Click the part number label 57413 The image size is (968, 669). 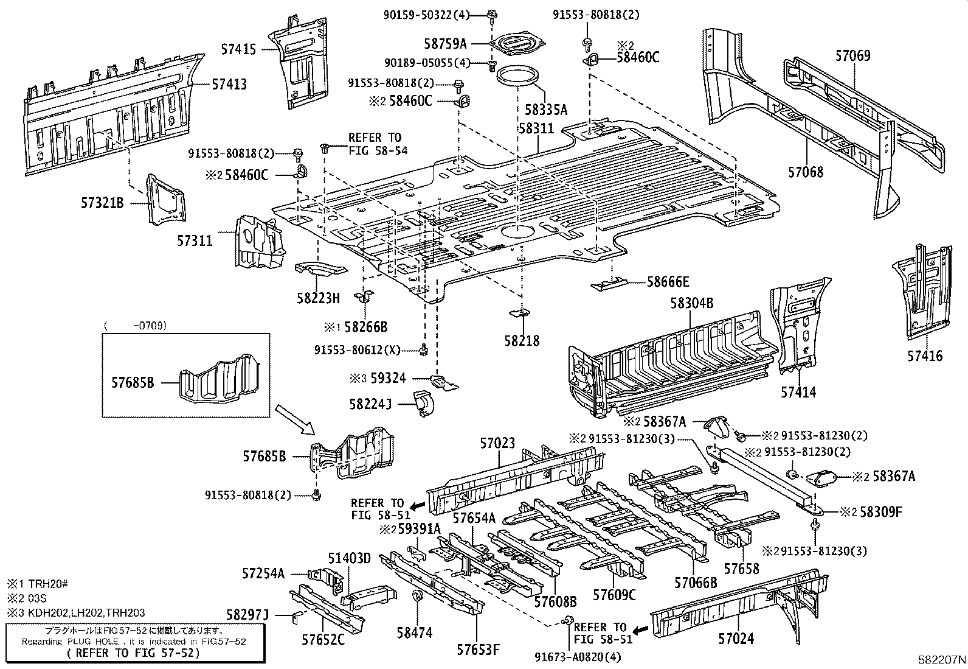coord(229,84)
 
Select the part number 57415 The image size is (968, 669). coord(239,51)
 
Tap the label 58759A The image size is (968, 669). coord(445,43)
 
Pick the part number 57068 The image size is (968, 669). coord(806,172)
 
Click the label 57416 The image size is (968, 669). coord(925,356)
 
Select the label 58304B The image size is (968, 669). coord(691,303)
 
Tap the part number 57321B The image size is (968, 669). coord(102,202)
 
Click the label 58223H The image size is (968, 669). coord(318,298)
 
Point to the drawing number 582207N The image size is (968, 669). coord(942,660)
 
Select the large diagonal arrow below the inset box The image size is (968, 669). coord(296,420)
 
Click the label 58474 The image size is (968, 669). coord(414,633)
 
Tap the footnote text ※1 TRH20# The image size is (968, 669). coord(38,583)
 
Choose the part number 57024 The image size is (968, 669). coord(736,639)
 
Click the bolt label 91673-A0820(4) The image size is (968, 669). coord(578,657)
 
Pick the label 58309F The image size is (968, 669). coord(881,512)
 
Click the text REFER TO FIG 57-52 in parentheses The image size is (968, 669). coord(133,653)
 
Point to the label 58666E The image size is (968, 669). coord(668,282)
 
